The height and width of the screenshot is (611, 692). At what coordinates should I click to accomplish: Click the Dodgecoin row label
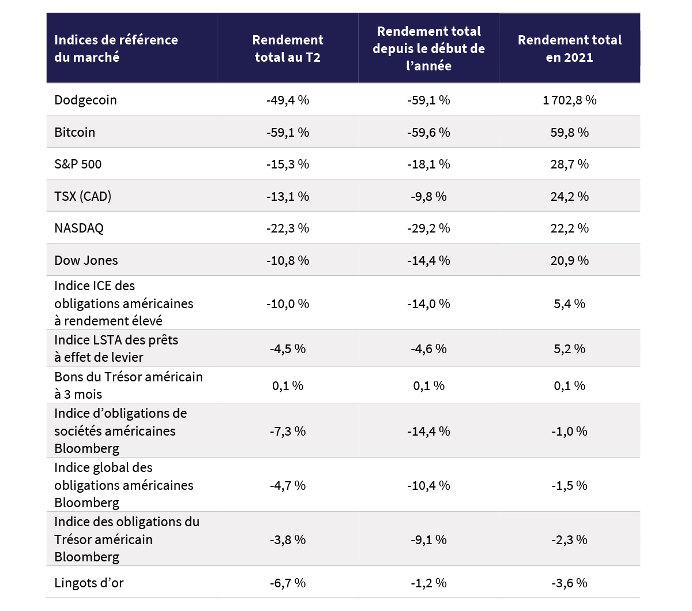pyautogui.click(x=85, y=100)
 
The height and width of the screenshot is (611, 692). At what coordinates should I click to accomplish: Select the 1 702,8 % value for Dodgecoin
pyautogui.click(x=569, y=100)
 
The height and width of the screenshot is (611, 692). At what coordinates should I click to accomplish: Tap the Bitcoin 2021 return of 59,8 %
pyautogui.click(x=569, y=132)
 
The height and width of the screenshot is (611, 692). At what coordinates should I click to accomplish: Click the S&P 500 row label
pyautogui.click(x=78, y=164)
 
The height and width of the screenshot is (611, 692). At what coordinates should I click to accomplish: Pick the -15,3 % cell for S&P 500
pyautogui.click(x=287, y=164)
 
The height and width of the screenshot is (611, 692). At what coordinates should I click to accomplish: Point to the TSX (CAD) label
pyautogui.click(x=82, y=196)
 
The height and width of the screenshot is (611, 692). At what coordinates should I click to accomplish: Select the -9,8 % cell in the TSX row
pyautogui.click(x=428, y=196)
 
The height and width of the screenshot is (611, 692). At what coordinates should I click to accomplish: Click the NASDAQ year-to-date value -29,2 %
pyautogui.click(x=428, y=228)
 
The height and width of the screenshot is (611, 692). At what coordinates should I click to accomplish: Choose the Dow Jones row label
pyautogui.click(x=86, y=260)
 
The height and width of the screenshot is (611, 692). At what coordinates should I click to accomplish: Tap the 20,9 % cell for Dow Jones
pyautogui.click(x=569, y=260)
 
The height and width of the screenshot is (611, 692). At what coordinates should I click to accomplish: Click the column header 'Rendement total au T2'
pyautogui.click(x=287, y=48)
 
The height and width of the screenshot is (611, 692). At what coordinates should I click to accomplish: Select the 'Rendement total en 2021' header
pyautogui.click(x=569, y=48)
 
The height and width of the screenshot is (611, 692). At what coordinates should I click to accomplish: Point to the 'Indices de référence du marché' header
pyautogui.click(x=116, y=48)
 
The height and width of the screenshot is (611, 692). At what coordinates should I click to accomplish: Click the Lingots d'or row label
pyautogui.click(x=89, y=583)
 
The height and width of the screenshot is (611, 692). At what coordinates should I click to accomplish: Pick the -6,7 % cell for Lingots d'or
pyautogui.click(x=287, y=583)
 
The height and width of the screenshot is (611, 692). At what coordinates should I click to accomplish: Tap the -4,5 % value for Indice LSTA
pyautogui.click(x=287, y=348)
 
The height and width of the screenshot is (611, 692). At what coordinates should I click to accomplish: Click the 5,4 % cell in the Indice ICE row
pyautogui.click(x=569, y=303)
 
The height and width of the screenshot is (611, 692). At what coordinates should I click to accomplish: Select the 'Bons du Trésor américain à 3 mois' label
pyautogui.click(x=128, y=385)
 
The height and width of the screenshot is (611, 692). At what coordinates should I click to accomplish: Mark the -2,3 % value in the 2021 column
pyautogui.click(x=569, y=539)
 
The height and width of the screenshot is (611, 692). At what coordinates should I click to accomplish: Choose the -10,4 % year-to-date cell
pyautogui.click(x=428, y=485)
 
